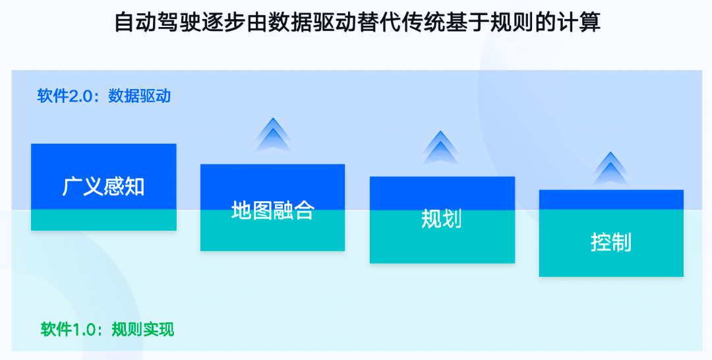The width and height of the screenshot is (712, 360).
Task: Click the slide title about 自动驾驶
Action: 357,22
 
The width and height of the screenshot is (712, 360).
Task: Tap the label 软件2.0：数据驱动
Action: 104,96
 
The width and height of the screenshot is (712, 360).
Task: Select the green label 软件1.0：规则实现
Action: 107,329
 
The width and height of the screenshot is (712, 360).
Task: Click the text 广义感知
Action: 104,187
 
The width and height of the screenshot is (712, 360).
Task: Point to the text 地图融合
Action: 272,210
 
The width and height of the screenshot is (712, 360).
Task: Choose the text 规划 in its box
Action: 442,219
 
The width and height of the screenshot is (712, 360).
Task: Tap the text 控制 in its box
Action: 610,241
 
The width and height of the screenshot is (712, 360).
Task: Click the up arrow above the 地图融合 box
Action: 273,135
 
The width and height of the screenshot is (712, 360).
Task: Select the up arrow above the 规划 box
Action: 440,148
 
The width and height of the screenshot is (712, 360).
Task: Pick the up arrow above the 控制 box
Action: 610,168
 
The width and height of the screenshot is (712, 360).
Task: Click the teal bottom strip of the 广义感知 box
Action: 104,220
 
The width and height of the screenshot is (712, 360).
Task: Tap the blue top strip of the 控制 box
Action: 611,200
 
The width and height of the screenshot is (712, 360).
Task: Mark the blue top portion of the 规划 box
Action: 442,193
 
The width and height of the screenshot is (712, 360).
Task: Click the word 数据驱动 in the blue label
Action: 139,96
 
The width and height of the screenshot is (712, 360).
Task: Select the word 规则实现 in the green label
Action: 142,329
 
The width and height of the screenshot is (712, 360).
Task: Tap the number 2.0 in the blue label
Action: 80,96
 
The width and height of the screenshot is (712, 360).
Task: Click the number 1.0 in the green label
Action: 84,330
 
